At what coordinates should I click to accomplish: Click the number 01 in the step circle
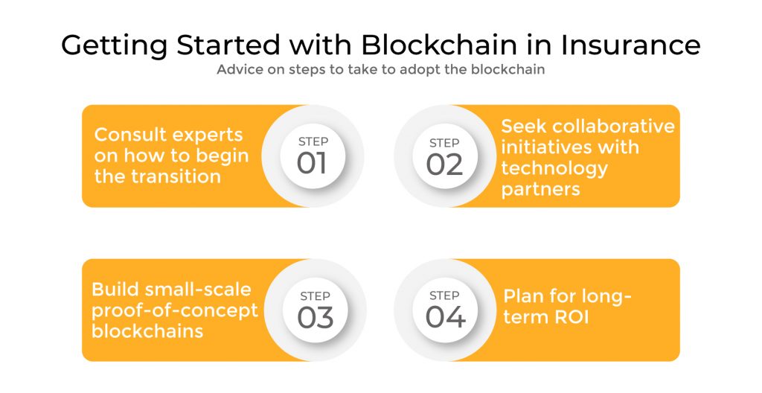click(312, 163)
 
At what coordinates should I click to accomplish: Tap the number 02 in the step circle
click(444, 163)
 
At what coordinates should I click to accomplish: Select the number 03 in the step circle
click(315, 317)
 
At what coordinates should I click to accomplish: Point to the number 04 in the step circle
click(445, 317)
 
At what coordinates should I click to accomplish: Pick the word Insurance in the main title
click(630, 45)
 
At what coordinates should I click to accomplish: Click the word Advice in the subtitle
click(239, 71)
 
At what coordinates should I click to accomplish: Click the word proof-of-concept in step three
click(174, 310)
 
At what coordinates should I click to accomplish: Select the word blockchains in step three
click(147, 330)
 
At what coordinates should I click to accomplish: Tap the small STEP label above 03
click(315, 295)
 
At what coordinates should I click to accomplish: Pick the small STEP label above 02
click(444, 142)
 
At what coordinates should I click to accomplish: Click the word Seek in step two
click(521, 126)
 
